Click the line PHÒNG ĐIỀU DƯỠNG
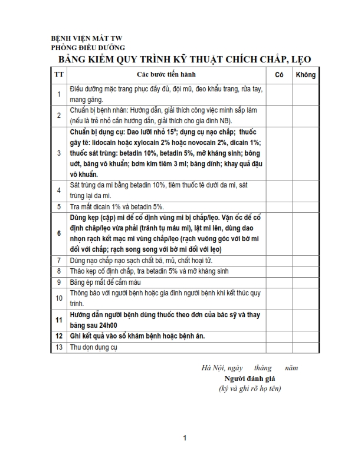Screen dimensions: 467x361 point(88,48)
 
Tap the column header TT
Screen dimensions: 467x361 point(58,75)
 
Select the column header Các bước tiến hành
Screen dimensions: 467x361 point(166,75)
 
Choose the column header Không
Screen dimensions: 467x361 point(306,75)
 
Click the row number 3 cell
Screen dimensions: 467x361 point(58,153)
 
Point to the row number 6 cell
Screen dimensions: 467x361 point(58,233)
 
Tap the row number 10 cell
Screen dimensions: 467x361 point(58,298)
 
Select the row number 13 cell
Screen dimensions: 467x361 point(58,347)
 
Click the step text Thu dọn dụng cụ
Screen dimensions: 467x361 point(94,347)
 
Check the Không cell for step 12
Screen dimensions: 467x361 point(306,336)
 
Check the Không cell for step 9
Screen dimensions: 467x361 point(306,282)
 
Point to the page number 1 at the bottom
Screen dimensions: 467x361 point(185,438)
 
